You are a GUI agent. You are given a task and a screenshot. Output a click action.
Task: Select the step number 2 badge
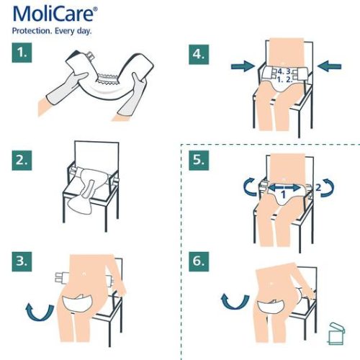coord(22,160)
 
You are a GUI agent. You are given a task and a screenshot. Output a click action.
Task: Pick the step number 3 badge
coord(22,259)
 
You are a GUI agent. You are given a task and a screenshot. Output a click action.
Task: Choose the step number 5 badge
coord(199,160)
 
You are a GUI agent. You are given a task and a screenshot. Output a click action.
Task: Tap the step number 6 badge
coord(199,259)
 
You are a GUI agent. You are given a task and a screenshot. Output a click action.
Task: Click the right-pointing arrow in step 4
coord(243,67)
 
